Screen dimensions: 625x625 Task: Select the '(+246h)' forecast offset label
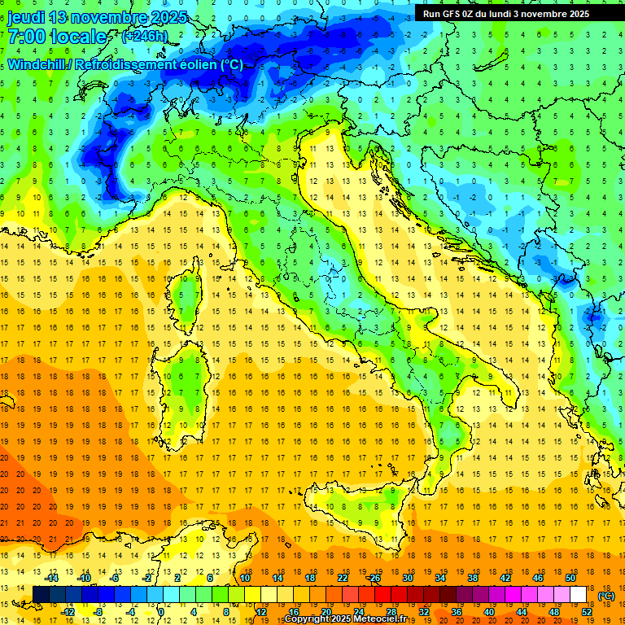(146, 37)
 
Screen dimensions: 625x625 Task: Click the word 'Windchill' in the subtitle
(37, 64)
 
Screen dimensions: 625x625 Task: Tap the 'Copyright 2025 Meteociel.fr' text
(351, 618)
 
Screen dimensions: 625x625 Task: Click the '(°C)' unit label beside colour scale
(606, 596)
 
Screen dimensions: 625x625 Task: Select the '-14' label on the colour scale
(52, 577)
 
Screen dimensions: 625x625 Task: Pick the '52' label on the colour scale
(587, 612)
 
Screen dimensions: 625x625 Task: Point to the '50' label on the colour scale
(570, 577)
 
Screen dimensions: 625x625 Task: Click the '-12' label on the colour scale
(68, 612)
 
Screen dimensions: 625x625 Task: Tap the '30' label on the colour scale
(408, 577)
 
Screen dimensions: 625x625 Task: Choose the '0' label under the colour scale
(161, 612)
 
